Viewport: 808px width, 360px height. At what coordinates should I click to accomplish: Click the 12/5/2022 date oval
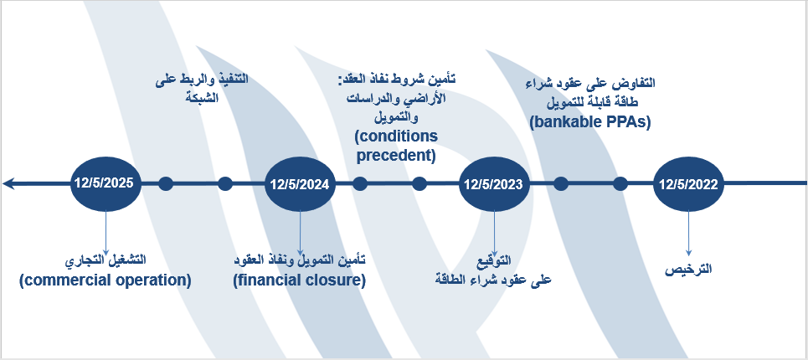click(x=688, y=184)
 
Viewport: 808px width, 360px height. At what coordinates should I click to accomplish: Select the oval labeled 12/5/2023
click(x=494, y=184)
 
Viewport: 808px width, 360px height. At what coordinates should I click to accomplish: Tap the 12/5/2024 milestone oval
click(x=300, y=184)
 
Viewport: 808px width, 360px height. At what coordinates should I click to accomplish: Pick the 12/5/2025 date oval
click(x=106, y=184)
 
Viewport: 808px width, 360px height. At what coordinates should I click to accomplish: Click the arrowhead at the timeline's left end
click(x=8, y=183)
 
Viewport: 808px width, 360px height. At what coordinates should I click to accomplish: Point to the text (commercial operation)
click(x=106, y=280)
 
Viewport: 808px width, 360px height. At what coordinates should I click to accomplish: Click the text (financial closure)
click(x=300, y=280)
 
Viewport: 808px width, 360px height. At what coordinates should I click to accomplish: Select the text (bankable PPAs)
click(x=589, y=122)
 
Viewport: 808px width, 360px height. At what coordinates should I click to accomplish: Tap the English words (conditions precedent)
click(x=397, y=145)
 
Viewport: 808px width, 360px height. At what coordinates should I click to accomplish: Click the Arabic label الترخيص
click(x=688, y=270)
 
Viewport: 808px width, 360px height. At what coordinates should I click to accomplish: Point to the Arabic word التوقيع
click(x=499, y=263)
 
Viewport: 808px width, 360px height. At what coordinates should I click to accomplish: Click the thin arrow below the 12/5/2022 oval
click(x=688, y=234)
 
